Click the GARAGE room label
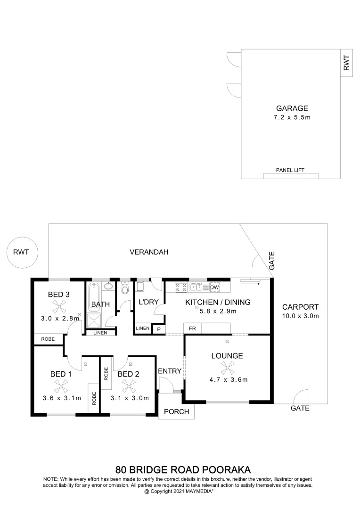pos(292,108)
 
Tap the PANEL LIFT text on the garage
pos(290,170)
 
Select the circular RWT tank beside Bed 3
pos(21,252)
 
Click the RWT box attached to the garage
pos(347,63)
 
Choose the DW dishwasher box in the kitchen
pos(214,287)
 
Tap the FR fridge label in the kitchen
pos(192,328)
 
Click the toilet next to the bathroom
pos(125,288)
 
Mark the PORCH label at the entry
pos(176,411)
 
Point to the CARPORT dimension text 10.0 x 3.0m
pos(301,316)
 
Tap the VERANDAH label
pos(149,252)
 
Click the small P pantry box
pos(159,329)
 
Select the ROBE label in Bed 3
pos(48,339)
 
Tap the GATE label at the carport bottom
pos(300,408)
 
